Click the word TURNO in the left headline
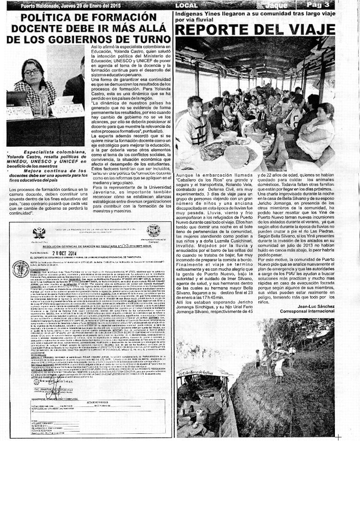tap(145, 39)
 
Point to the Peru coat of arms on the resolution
tap(39, 233)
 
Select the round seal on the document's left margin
tap(21, 269)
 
